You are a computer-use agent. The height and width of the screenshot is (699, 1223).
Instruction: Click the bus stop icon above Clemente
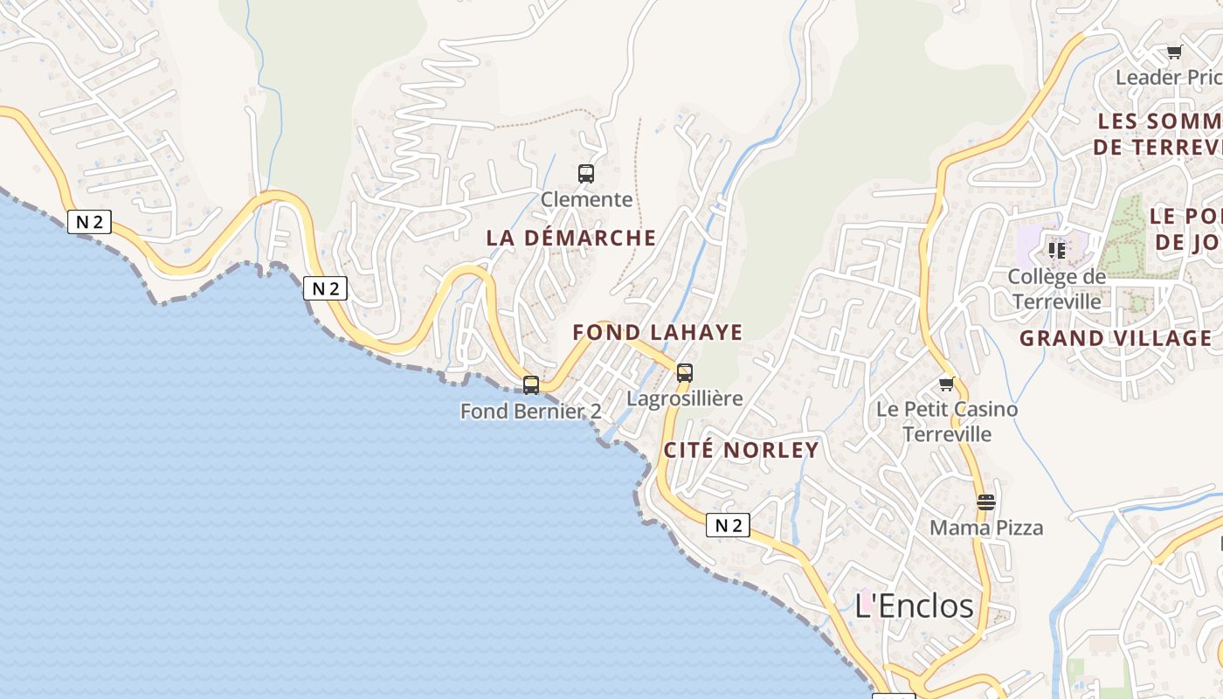click(586, 174)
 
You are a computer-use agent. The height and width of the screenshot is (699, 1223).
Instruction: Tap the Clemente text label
click(586, 199)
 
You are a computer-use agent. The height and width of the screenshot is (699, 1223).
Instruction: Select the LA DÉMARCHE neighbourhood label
click(571, 238)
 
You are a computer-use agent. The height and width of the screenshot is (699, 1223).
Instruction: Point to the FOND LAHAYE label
click(658, 332)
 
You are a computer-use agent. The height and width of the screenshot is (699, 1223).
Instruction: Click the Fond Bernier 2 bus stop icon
click(531, 385)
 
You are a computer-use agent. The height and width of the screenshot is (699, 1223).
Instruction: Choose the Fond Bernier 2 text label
click(531, 411)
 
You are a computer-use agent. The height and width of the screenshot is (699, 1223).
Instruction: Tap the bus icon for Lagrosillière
click(685, 373)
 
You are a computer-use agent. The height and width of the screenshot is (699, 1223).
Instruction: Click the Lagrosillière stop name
click(685, 398)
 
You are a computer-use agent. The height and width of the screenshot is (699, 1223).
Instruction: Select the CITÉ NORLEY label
click(742, 450)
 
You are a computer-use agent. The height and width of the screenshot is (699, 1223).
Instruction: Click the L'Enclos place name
click(914, 606)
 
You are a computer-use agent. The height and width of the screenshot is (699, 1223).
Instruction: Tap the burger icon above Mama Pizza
click(986, 502)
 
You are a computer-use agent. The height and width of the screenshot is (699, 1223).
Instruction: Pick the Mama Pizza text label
click(986, 528)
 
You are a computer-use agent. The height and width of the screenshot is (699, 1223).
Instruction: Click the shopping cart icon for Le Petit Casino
click(947, 384)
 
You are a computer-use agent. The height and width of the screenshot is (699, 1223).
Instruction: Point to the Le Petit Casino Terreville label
click(947, 421)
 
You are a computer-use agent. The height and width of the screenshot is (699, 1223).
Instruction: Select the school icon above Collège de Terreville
click(1057, 251)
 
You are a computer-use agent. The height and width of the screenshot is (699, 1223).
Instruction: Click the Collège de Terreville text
click(1057, 288)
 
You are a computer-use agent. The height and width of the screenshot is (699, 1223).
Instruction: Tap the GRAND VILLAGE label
click(1116, 338)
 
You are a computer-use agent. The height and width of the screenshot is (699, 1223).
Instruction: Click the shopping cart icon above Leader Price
click(1175, 52)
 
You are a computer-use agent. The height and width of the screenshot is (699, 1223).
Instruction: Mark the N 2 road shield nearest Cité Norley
click(728, 525)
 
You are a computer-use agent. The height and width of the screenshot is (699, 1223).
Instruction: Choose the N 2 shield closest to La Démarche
click(326, 288)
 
